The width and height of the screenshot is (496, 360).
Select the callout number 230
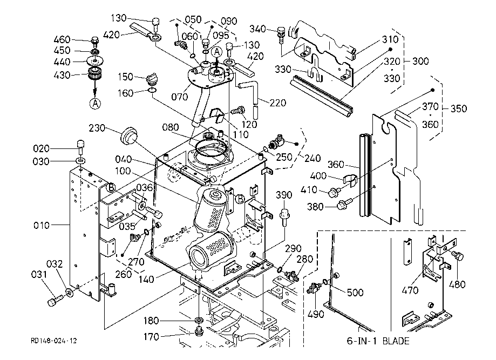[100, 128]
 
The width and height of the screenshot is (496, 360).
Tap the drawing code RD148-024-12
[54, 341]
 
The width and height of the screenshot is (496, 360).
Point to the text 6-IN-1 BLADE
[378, 341]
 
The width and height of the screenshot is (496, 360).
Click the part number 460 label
[63, 39]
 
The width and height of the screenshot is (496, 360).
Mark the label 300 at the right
[420, 61]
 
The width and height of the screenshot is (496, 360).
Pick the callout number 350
[458, 108]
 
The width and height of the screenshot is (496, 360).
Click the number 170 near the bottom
[151, 337]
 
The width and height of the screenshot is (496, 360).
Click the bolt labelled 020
[80, 145]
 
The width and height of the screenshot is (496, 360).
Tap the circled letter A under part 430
[96, 103]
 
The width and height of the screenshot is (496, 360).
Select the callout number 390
[284, 194]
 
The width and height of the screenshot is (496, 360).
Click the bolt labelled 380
[344, 203]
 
